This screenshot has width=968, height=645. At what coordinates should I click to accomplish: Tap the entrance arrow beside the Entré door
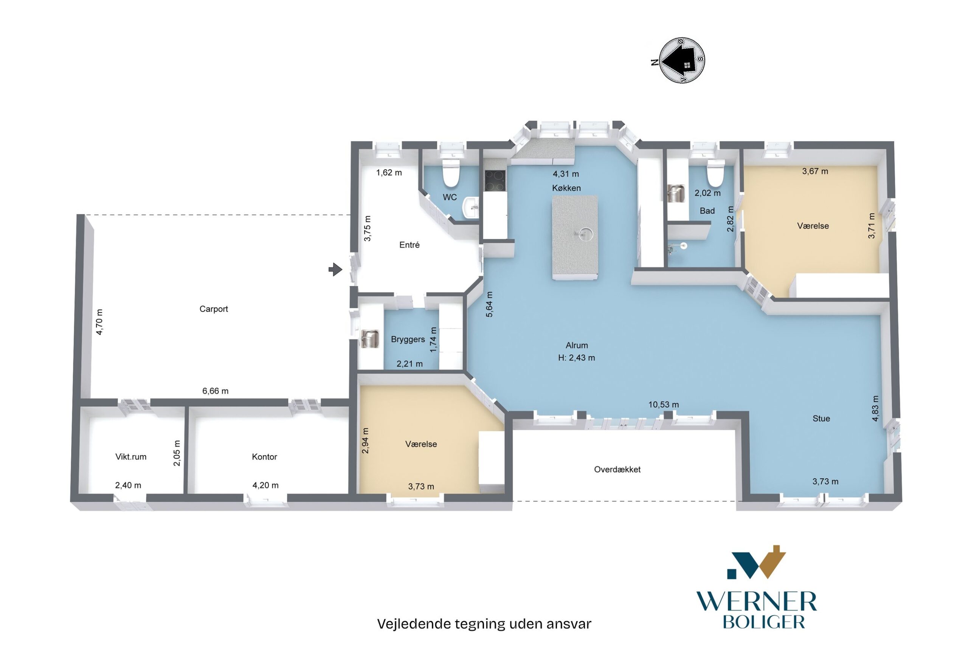coord(335,270)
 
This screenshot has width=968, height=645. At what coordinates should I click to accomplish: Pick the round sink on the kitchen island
coord(585,234)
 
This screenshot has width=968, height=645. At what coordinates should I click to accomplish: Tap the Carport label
coord(214,309)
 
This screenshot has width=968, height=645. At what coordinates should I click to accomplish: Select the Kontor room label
coord(264,457)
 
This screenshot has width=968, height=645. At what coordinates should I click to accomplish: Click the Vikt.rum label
coord(131,457)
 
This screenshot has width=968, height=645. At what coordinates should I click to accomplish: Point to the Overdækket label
coord(617,469)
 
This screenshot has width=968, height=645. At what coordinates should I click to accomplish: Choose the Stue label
coord(821,419)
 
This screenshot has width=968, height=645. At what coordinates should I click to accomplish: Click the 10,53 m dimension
coord(664,405)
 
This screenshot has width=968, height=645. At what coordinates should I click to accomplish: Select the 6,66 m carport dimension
coord(215,391)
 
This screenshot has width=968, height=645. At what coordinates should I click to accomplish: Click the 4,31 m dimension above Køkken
coord(566,174)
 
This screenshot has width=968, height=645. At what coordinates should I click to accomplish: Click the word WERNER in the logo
coord(757,602)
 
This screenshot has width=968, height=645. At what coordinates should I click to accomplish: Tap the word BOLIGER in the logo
coord(763,622)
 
